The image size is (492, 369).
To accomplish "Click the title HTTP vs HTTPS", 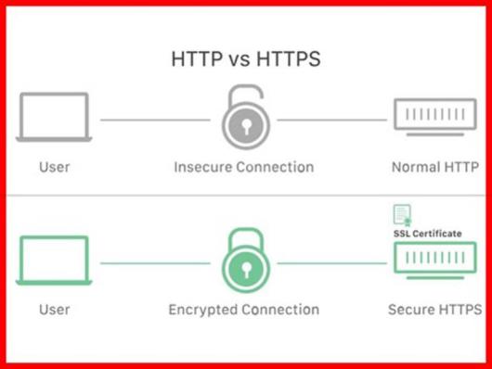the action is (245, 59).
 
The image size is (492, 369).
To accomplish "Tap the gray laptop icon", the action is (55, 119).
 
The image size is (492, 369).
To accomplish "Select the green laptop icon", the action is (55, 260).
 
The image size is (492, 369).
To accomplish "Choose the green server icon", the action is (434, 261).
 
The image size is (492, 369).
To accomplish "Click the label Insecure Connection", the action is (244, 168).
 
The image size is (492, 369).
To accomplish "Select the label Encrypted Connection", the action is (244, 310).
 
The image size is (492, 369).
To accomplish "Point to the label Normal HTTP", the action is (434, 168).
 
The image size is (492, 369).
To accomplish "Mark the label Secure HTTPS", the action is (434, 310).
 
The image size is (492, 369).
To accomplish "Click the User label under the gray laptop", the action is (55, 168).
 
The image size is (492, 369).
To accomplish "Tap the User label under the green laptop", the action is (55, 310).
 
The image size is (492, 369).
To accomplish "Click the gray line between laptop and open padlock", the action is (153, 120).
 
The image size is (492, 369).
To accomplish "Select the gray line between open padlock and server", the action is (332, 120).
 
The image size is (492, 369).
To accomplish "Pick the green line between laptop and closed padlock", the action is (153, 263).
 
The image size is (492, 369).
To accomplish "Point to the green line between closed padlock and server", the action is (332, 263).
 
